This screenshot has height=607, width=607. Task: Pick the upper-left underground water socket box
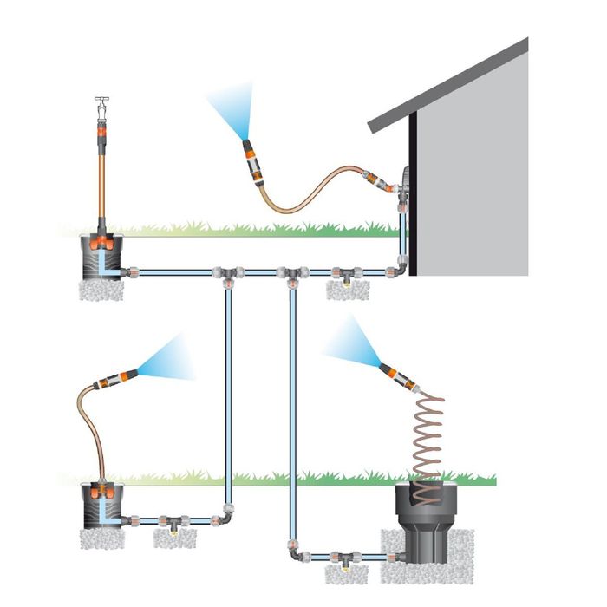[x=105, y=256]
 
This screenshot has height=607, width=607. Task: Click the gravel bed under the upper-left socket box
[x=103, y=290]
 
